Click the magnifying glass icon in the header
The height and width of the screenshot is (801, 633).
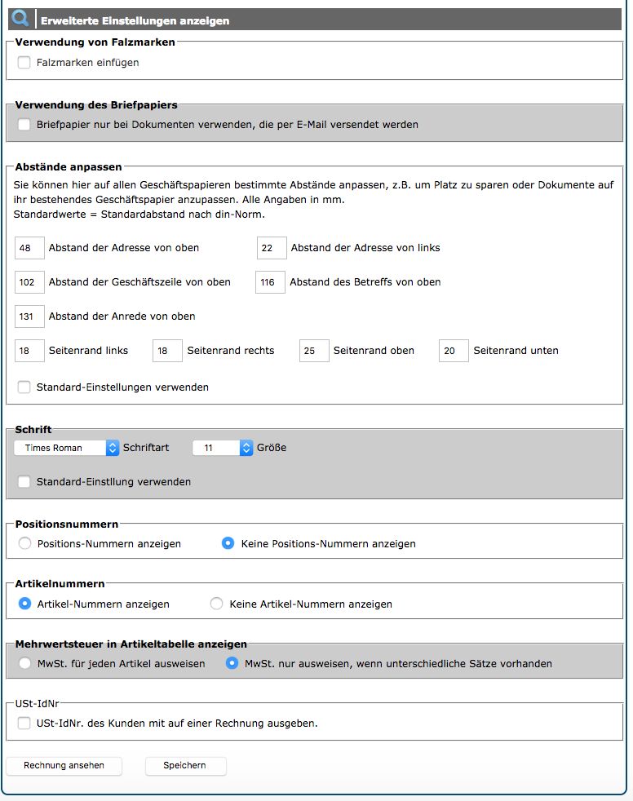[x=20, y=20]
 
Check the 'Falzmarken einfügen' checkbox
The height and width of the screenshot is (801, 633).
[x=24, y=63]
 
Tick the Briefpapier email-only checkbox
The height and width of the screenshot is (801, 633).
[x=24, y=125]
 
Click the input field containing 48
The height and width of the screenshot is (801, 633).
[x=29, y=248]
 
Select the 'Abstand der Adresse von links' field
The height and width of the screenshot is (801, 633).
[x=272, y=248]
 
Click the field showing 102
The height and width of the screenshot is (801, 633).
[x=29, y=282]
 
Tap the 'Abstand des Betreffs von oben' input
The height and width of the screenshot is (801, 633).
[x=270, y=282]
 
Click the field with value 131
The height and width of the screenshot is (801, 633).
[x=29, y=316]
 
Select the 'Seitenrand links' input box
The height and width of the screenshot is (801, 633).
[x=29, y=351]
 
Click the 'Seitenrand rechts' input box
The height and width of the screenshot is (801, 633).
[x=167, y=351]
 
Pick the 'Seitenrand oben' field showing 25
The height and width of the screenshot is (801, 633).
[x=314, y=351]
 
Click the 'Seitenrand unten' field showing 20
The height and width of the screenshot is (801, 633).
[x=454, y=351]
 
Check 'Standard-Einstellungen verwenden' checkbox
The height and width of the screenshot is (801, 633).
[x=24, y=387]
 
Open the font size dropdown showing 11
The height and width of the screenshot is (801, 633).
[x=223, y=448]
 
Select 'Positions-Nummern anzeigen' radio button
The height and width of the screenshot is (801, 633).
[x=24, y=543]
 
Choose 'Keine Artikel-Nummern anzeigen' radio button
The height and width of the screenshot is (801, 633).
[x=217, y=604]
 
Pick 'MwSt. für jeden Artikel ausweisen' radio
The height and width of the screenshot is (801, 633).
[x=24, y=664]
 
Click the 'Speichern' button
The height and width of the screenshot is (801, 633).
[x=185, y=766]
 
